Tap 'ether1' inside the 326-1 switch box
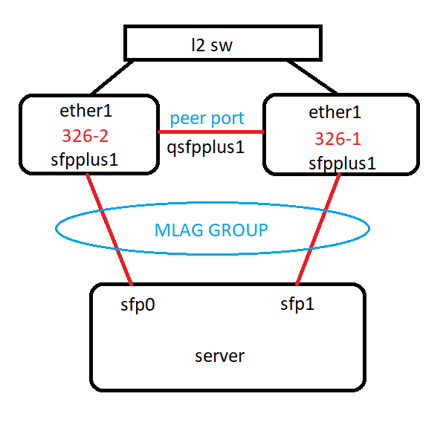334,113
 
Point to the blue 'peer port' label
207,118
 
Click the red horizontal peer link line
211,132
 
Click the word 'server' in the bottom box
219,356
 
